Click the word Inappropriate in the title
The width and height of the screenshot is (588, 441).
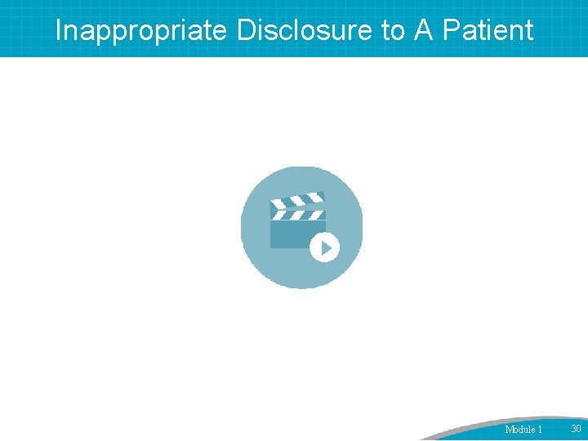pos(142,30)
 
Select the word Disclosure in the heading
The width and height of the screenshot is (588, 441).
pos(305,30)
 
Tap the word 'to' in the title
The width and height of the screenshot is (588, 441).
pos(391,30)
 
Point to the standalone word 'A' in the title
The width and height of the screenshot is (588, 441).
pos(422,30)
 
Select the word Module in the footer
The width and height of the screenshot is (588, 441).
pos(519,429)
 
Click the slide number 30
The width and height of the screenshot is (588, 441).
pos(576,428)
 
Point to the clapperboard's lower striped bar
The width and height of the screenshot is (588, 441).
pos(298,216)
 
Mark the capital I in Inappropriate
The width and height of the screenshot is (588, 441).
pos(58,30)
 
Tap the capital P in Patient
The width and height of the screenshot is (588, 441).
pos(448,30)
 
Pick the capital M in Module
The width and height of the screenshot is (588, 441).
pos(510,429)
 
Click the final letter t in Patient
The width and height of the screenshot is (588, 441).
pos(528,30)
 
